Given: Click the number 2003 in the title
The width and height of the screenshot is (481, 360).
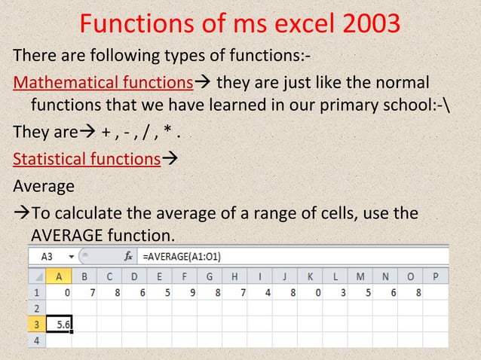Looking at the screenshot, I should tap(371, 25).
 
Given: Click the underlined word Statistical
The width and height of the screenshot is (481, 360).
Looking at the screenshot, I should tap(45, 159).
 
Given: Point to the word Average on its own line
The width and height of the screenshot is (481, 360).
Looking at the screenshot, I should tap(44, 185).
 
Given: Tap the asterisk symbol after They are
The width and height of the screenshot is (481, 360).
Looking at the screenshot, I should tap(171, 133).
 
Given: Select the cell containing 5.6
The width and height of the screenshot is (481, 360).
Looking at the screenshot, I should tap(60, 324).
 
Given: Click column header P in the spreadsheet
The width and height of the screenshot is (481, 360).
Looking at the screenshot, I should tap(435, 276).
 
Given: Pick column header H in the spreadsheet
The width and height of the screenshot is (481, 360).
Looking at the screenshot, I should tap(235, 276).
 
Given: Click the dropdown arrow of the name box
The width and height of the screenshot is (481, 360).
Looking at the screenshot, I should tap(72, 256).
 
